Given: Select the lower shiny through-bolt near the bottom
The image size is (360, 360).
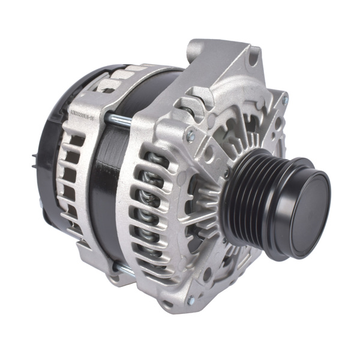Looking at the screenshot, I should tap(124, 271).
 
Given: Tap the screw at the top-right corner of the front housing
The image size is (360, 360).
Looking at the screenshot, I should tap(284, 100).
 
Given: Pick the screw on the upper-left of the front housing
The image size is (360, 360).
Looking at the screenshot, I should tap(191, 137).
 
